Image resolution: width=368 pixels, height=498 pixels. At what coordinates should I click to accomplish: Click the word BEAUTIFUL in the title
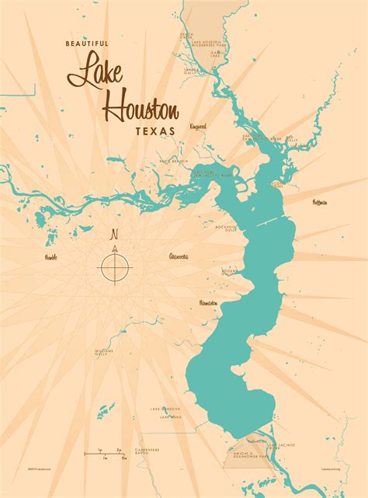pos(88,44)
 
